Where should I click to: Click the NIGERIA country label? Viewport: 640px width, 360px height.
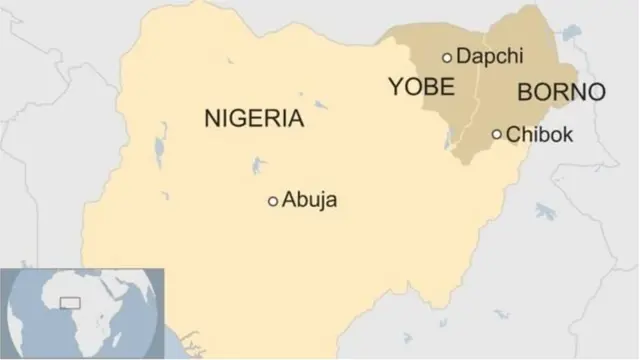(253, 118)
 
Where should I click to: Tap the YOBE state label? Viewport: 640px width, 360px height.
(420, 87)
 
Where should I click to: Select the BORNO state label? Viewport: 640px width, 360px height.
(561, 93)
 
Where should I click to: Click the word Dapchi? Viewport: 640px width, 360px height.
(490, 57)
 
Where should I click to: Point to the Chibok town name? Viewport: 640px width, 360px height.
(540, 134)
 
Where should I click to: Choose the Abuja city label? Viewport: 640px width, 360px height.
(310, 200)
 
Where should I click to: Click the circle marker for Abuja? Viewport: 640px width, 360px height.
(273, 201)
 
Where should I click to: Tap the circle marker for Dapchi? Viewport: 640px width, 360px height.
(447, 57)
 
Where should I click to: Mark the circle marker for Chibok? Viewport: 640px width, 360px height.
(497, 134)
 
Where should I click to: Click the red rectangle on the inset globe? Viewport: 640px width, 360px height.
(70, 301)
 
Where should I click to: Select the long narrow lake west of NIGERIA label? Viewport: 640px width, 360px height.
(160, 151)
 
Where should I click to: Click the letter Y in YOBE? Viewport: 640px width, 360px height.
(394, 87)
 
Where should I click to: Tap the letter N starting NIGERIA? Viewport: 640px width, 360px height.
(211, 118)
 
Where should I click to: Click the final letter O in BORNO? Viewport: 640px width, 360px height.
(595, 93)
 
